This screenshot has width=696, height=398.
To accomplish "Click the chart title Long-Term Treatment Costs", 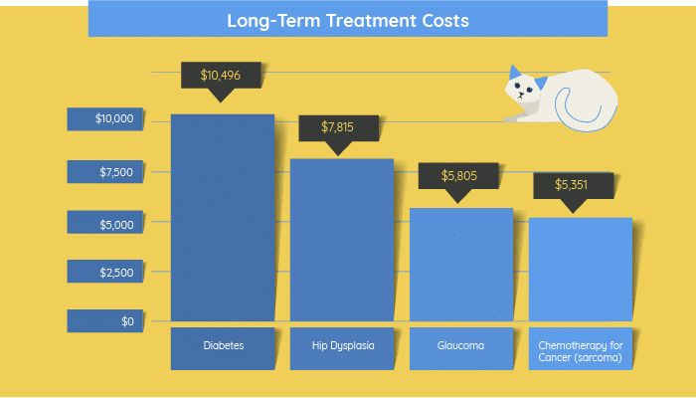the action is (x=348, y=21).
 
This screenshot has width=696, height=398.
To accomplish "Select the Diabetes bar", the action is (x=223, y=218).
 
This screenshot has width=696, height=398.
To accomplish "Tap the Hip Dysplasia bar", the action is (x=342, y=240).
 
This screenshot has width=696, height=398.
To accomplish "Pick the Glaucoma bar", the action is (x=461, y=265).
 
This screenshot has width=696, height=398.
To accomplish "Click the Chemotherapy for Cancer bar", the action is (x=581, y=270).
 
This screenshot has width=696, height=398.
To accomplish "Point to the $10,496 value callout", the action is (x=221, y=76).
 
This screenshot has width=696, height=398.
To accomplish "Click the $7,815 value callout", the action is (x=338, y=128).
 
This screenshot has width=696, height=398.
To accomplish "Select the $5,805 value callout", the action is (x=458, y=176).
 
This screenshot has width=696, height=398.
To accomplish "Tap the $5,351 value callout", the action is (x=573, y=185).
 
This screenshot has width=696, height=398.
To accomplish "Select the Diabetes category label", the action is (x=224, y=345).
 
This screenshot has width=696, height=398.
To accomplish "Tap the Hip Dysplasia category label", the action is (x=343, y=345).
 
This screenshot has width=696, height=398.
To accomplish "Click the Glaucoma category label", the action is (x=460, y=345).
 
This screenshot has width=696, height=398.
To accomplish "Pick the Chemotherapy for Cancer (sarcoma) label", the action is (x=581, y=351).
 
